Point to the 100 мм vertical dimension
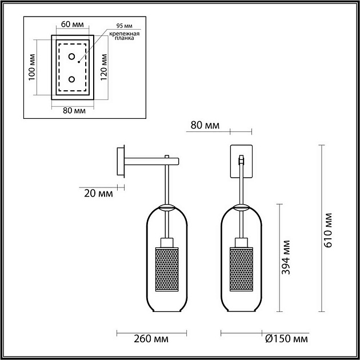[x=31, y=67]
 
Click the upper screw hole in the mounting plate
[x=72, y=57]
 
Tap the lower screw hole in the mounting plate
[x=72, y=79]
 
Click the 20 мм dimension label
[x=98, y=193]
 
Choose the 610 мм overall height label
[x=327, y=229]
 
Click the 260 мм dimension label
[x=138, y=339]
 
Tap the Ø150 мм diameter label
[x=286, y=339]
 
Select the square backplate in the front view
[x=242, y=161]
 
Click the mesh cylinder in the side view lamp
[x=167, y=269]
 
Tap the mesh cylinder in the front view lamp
[x=241, y=269]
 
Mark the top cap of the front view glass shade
[x=241, y=207]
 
